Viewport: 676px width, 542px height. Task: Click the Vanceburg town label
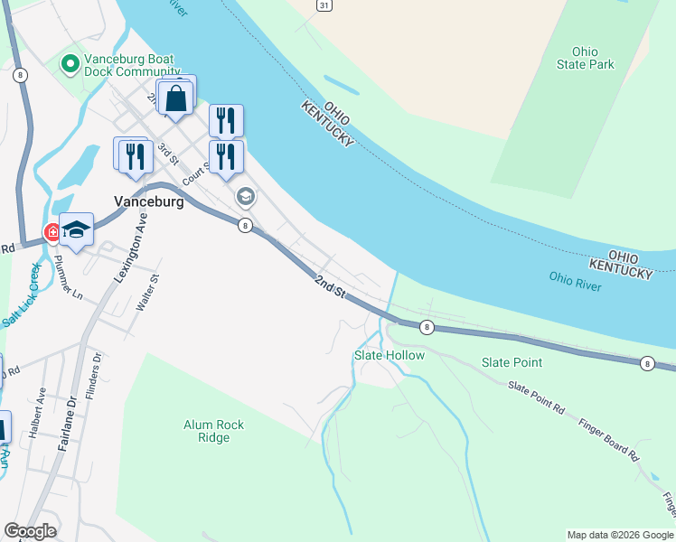coord(149,202)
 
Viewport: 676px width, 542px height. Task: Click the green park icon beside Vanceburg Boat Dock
coord(68,65)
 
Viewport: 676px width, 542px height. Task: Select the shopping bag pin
coord(177,98)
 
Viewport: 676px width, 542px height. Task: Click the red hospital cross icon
coord(53,232)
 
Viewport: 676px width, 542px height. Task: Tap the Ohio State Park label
coord(586,58)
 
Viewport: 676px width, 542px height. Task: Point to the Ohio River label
coord(576,278)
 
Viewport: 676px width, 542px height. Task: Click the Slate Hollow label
coord(389,355)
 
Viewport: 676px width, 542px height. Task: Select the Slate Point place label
coord(512,362)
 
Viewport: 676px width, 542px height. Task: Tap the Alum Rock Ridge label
coord(213,431)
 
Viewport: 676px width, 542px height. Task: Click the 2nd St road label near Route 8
coord(330,287)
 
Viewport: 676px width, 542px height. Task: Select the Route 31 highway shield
coord(324,5)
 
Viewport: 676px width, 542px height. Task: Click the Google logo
coord(31,531)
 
